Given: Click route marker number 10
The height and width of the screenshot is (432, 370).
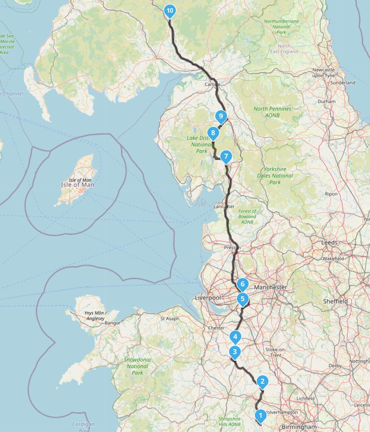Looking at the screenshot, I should (x=170, y=11).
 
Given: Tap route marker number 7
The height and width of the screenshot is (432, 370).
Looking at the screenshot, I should (x=225, y=156).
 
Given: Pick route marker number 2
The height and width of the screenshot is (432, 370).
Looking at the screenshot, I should (x=262, y=381).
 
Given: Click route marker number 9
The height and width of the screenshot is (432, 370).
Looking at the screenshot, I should (x=221, y=116).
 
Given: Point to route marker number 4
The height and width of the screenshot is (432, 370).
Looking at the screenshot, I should (x=235, y=337).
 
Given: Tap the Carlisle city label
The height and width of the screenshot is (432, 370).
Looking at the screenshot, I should (x=212, y=84).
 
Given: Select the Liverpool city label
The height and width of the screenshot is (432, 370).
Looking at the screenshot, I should (x=208, y=298).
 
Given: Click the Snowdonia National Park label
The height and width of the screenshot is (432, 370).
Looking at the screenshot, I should (x=137, y=366).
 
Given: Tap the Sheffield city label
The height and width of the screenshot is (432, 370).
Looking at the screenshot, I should (x=335, y=301).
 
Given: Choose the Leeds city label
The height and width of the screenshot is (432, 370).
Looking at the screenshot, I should (x=329, y=243).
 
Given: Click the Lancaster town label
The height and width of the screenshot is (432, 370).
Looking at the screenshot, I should (x=224, y=207).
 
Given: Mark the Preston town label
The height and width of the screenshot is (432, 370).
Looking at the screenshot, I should (x=232, y=248).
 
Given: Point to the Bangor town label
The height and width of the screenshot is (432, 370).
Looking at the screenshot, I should (x=113, y=323).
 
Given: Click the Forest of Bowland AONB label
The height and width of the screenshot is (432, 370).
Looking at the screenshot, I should (x=247, y=216).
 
